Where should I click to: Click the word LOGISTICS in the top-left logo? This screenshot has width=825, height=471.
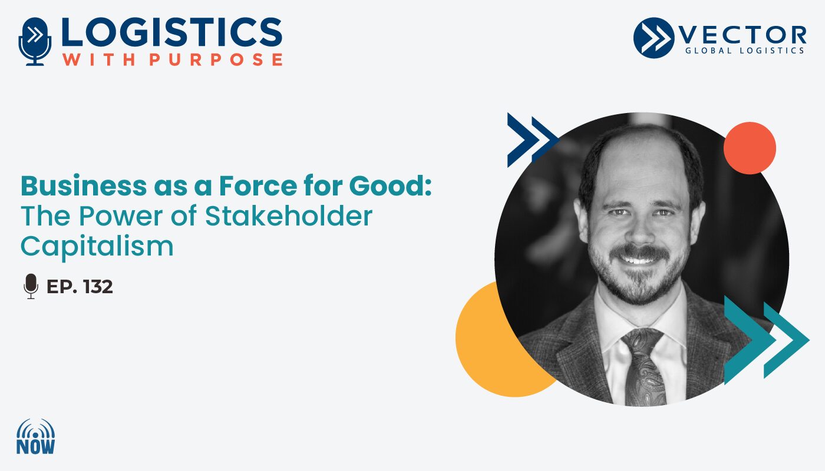click(x=172, y=32)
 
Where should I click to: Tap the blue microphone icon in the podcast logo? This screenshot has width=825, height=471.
click(x=35, y=41)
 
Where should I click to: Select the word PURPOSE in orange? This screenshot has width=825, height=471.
click(x=216, y=59)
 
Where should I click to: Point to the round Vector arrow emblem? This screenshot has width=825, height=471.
click(x=654, y=38)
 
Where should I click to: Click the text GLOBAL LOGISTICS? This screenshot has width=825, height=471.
click(x=744, y=51)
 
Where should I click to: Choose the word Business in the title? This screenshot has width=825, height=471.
click(x=84, y=186)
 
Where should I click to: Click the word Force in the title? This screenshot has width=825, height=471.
click(x=258, y=186)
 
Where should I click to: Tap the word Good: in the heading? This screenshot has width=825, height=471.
click(x=390, y=186)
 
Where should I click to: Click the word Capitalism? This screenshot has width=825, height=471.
click(x=97, y=247)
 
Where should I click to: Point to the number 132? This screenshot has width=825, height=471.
click(x=98, y=287)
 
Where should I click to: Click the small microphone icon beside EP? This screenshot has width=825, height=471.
click(x=31, y=286)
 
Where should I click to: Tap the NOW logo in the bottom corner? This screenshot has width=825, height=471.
click(x=36, y=437)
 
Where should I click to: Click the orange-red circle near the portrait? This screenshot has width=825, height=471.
click(x=750, y=148)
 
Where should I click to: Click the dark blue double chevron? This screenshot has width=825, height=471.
click(x=533, y=140)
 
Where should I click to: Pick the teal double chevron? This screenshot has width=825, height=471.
click(x=766, y=340)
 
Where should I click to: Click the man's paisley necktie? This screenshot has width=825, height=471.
click(x=645, y=367)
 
